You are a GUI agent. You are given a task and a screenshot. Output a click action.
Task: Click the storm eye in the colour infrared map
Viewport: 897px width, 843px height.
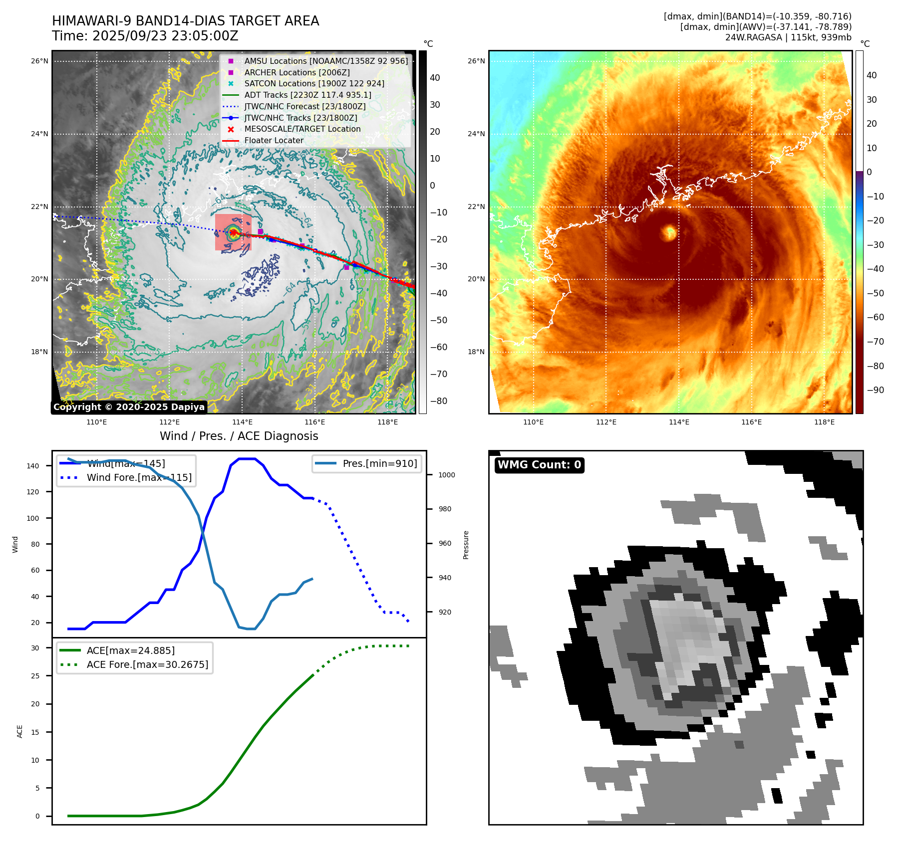tap(669, 232)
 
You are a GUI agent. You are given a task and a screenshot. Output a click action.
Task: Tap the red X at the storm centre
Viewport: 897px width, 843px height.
tap(233, 232)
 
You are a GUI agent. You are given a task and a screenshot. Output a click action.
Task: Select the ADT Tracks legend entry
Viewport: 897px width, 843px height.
tap(307, 95)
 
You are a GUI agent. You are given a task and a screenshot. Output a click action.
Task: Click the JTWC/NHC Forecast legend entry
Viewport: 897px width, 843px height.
tap(304, 106)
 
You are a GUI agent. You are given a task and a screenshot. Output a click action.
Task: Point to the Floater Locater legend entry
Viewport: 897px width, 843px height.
tap(274, 140)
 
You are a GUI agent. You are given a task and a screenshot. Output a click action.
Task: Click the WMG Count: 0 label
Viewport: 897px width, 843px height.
tap(539, 465)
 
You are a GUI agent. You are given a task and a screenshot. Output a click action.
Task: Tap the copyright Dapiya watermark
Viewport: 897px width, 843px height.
tap(129, 407)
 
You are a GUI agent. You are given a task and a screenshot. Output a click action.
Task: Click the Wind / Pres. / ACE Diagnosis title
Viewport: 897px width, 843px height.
tap(239, 436)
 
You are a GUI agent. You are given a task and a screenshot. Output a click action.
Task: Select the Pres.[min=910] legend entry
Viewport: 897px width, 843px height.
tap(379, 463)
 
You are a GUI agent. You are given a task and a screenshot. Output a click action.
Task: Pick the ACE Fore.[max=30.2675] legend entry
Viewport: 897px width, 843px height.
tap(147, 664)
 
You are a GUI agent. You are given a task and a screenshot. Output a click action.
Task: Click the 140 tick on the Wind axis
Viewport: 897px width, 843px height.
tap(33, 466)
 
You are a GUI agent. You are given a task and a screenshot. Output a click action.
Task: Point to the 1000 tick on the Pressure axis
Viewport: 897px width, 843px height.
tap(447, 475)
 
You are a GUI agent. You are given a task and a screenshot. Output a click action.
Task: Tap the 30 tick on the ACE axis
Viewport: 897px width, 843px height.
tap(35, 648)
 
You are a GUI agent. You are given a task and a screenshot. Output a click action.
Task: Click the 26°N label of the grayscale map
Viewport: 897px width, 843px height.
tap(39, 61)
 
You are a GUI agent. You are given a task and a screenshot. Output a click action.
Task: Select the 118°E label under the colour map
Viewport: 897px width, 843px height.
tap(824, 422)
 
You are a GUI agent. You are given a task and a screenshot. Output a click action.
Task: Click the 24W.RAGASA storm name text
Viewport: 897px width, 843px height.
tap(753, 37)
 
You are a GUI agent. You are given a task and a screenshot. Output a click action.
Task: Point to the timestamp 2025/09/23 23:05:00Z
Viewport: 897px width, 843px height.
tap(165, 36)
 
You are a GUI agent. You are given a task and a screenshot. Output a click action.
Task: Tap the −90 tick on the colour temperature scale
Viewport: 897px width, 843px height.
tap(875, 390)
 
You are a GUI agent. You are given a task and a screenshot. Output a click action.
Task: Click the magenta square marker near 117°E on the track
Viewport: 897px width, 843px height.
tap(346, 267)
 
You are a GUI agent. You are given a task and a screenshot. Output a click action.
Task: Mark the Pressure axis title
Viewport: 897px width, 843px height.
tap(466, 545)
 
